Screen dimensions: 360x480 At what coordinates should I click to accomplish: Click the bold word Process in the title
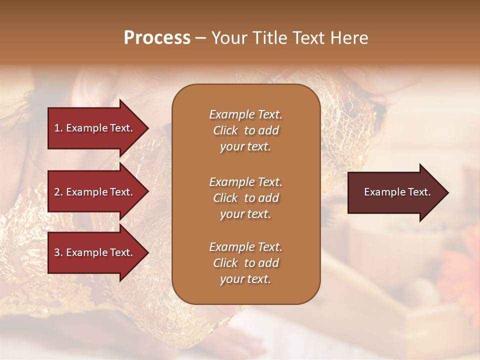(157, 38)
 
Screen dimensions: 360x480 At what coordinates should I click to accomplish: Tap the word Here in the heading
(348, 38)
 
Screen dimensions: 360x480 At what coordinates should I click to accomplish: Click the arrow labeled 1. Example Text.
(95, 128)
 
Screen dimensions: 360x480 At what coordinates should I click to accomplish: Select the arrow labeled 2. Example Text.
(95, 192)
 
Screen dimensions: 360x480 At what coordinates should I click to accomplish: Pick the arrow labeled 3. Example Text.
(95, 252)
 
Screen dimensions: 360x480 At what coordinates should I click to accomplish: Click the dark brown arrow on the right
(395, 192)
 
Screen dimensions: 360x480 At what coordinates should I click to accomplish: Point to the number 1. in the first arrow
(58, 128)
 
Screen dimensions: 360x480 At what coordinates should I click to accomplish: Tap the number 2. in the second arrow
(58, 192)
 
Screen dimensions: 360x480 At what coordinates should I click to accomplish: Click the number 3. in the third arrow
(58, 252)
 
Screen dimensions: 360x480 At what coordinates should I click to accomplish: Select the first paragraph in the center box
(245, 130)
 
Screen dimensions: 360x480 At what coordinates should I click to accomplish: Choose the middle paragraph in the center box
(245, 198)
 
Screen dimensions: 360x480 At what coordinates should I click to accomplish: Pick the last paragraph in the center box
(245, 263)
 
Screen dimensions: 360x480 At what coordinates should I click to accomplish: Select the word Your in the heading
(228, 38)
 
